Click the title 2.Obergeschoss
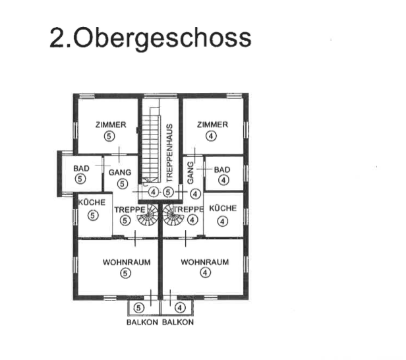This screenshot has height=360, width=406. [150, 39]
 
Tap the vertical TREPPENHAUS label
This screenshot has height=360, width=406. [169, 153]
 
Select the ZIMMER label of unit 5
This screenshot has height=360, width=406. [111, 125]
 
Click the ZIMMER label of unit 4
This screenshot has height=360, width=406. [213, 125]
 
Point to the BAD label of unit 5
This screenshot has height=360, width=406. [81, 169]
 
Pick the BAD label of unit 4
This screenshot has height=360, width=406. [222, 170]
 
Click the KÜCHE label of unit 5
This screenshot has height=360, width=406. [92, 202]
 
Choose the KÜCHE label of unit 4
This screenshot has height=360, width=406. [223, 208]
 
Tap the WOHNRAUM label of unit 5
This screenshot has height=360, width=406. [127, 262]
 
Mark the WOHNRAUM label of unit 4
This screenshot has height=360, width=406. [205, 262]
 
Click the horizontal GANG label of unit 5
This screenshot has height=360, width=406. [120, 172]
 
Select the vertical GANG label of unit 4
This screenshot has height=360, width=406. [190, 173]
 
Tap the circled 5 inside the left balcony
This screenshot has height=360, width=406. [138, 308]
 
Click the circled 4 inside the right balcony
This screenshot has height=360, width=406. [180, 308]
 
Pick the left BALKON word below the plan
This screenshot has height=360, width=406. [142, 322]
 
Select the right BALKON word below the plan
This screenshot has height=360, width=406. [178, 322]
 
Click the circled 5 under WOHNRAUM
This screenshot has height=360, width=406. [126, 273]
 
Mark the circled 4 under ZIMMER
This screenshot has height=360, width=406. [211, 136]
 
